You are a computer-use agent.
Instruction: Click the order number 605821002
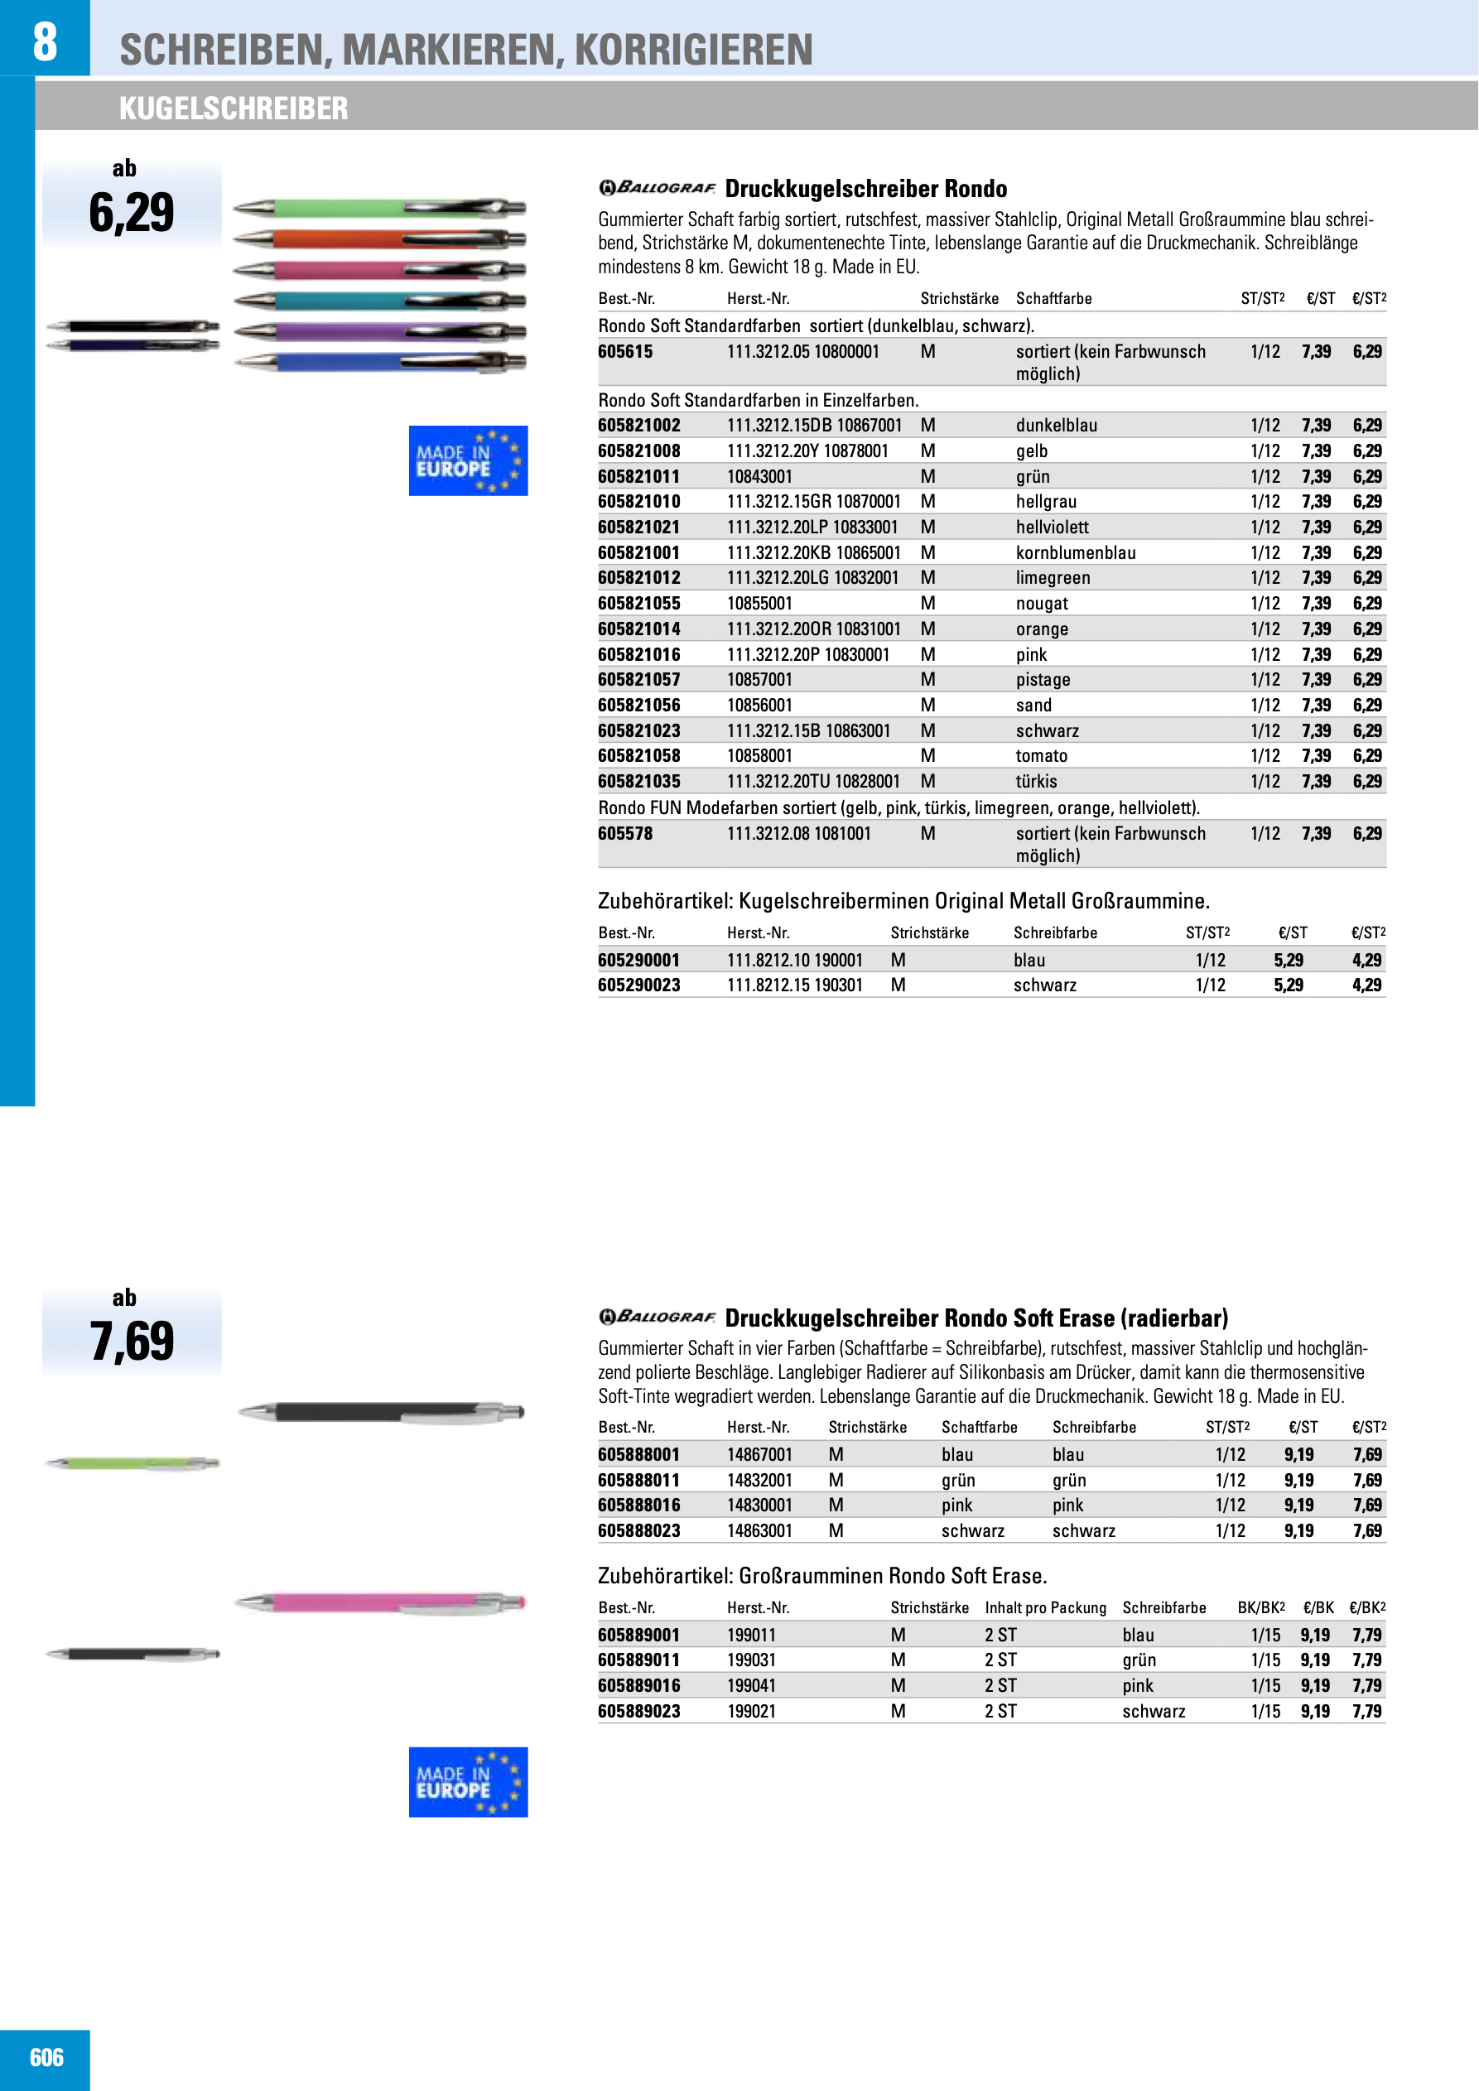point(638,426)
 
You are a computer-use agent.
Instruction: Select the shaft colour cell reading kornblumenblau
point(1076,553)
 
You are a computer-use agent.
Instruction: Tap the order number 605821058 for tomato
point(638,756)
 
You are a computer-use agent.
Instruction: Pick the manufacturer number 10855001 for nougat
point(759,603)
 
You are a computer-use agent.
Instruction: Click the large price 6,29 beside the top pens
point(131,213)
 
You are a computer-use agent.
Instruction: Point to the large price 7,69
point(131,1342)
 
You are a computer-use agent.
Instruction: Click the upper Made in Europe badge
point(468,460)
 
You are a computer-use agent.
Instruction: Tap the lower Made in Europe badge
point(468,1781)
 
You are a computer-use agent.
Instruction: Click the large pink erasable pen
point(381,1602)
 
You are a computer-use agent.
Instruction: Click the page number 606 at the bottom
point(46,2057)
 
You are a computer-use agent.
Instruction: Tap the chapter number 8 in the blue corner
point(45,41)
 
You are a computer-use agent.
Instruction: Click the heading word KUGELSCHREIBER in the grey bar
point(234,108)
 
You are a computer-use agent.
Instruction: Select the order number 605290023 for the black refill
point(638,985)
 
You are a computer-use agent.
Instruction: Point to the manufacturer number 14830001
point(759,1505)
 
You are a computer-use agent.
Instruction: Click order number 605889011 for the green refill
point(638,1660)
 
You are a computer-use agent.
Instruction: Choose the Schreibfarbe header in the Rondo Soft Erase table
point(1094,1427)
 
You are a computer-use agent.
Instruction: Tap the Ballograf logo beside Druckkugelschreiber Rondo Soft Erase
point(657,1317)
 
